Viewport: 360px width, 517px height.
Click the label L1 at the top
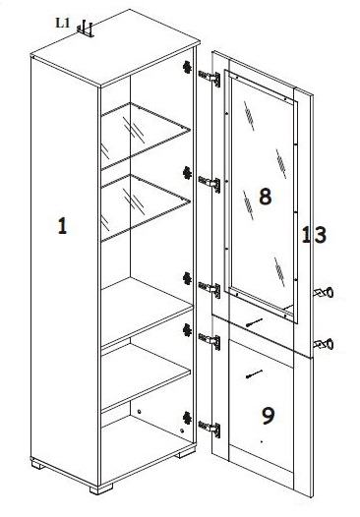point(62,23)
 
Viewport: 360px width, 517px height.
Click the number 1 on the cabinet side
point(62,226)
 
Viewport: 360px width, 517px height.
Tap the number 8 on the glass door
point(266,197)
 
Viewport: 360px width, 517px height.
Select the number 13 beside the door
point(314,235)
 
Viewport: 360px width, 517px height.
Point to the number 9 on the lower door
point(268,416)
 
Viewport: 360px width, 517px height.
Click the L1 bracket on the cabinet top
point(86,29)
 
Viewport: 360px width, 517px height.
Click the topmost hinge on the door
point(210,79)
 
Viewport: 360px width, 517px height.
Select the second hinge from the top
point(210,184)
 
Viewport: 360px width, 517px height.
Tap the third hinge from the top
point(210,289)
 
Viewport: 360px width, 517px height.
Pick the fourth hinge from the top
point(210,341)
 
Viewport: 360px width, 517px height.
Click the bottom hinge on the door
point(210,429)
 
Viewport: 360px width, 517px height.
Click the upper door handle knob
point(324,293)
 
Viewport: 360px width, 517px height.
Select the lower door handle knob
point(324,345)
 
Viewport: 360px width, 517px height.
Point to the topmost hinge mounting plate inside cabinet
point(187,67)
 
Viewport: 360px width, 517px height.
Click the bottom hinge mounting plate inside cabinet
point(187,419)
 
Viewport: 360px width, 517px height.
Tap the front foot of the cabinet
point(101,488)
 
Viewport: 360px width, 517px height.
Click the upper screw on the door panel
point(254,322)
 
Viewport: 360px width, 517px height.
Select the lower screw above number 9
point(254,374)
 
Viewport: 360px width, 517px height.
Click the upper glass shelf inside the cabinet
point(146,136)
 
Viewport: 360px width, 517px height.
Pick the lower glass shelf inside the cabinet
point(146,207)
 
